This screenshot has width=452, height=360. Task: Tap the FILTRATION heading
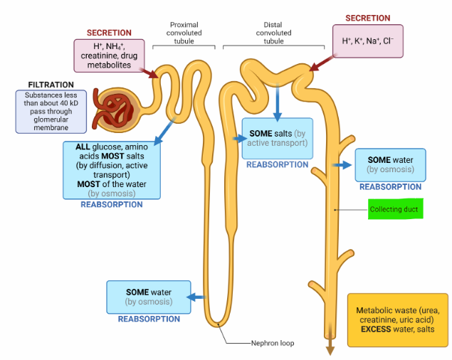click(x=51, y=85)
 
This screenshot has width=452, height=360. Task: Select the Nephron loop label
click(x=272, y=343)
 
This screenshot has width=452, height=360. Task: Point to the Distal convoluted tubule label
click(x=273, y=33)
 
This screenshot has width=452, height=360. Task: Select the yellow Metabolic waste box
click(x=397, y=319)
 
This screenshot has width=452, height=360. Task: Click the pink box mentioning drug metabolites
click(x=108, y=55)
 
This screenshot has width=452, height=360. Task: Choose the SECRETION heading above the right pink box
click(x=367, y=18)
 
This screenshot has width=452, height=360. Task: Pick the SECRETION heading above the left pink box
click(x=109, y=33)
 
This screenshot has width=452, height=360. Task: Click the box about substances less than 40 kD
click(x=51, y=111)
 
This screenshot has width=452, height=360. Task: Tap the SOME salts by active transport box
click(x=278, y=139)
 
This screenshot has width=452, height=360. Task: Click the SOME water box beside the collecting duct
click(x=389, y=164)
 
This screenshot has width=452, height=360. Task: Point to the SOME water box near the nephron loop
click(x=149, y=297)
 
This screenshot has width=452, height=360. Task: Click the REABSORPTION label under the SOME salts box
click(x=278, y=164)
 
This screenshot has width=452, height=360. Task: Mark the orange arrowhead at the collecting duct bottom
click(x=330, y=348)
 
